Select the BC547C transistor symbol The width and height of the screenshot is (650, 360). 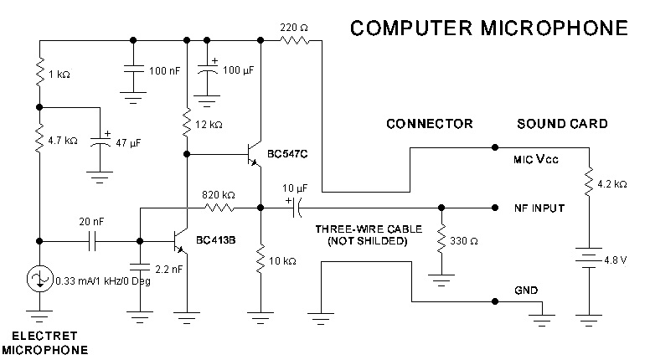[x=253, y=155]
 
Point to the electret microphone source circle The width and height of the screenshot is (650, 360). [x=39, y=279]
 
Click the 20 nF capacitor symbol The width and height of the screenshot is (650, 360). [x=95, y=241]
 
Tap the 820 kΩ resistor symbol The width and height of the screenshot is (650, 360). [x=220, y=208]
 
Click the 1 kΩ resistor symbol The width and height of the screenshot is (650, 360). [x=39, y=75]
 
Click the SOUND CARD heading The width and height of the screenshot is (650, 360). [x=560, y=124]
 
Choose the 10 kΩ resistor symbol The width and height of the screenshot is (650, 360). [x=261, y=256]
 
